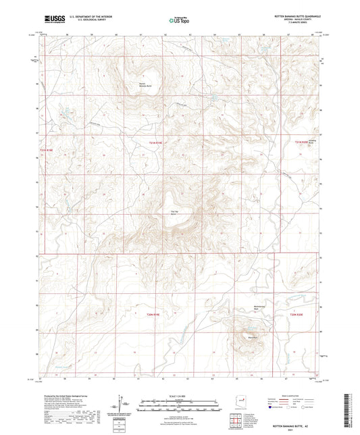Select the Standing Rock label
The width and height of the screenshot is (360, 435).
pos(312,143)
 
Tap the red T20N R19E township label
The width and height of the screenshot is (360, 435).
pos(157,315)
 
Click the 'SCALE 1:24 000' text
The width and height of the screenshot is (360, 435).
pos(180,394)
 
